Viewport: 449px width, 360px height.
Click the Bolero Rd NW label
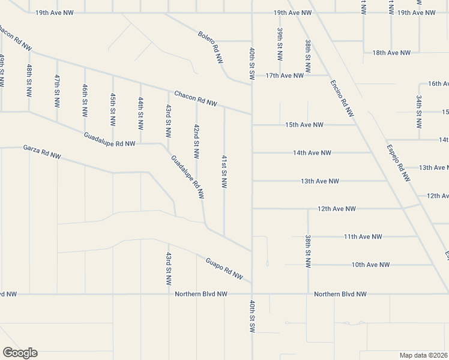click(x=211, y=48)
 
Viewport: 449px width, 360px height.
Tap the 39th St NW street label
click(x=280, y=43)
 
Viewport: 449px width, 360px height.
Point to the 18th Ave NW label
click(x=391, y=53)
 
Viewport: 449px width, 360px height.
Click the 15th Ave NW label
click(x=304, y=125)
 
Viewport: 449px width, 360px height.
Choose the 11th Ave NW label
click(x=363, y=237)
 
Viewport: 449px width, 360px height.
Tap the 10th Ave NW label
click(x=370, y=265)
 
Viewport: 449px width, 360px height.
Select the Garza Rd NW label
click(x=42, y=152)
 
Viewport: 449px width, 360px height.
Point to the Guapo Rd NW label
click(x=224, y=269)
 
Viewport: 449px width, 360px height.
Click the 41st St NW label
click(x=224, y=172)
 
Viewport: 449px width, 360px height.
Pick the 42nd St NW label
click(x=196, y=142)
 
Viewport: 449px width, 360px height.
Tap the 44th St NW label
click(x=140, y=114)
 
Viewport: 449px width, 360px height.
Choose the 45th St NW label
click(x=113, y=109)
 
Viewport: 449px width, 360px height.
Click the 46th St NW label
click(x=85, y=100)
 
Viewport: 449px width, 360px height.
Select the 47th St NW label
click(x=57, y=91)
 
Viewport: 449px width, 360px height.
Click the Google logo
click(x=20, y=353)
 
